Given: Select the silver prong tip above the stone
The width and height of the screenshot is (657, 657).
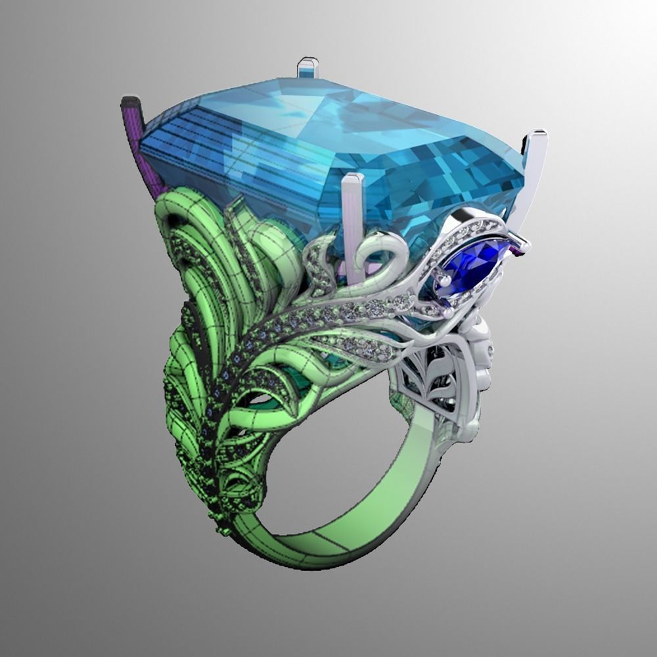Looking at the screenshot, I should (307, 66).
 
